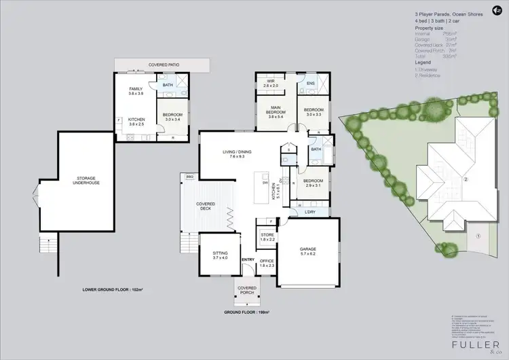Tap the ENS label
pos(311,84)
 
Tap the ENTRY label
pos(248,259)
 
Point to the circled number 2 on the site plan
pos(466,180)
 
